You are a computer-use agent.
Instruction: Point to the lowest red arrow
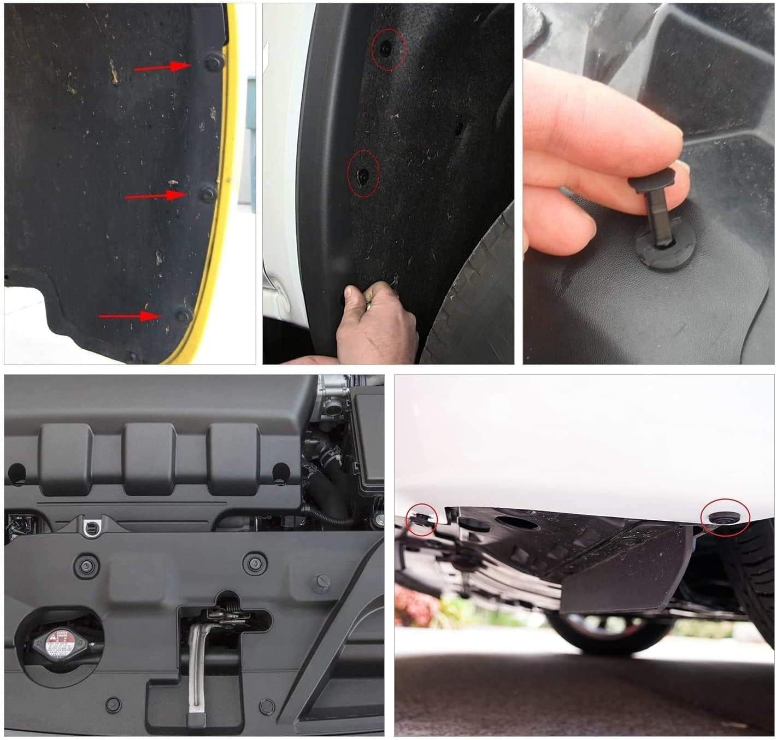click(x=130, y=316)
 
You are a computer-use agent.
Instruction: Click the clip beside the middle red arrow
click(x=208, y=193)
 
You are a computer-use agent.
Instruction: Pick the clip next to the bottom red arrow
click(x=183, y=315)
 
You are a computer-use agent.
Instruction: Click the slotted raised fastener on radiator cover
click(x=321, y=583)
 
